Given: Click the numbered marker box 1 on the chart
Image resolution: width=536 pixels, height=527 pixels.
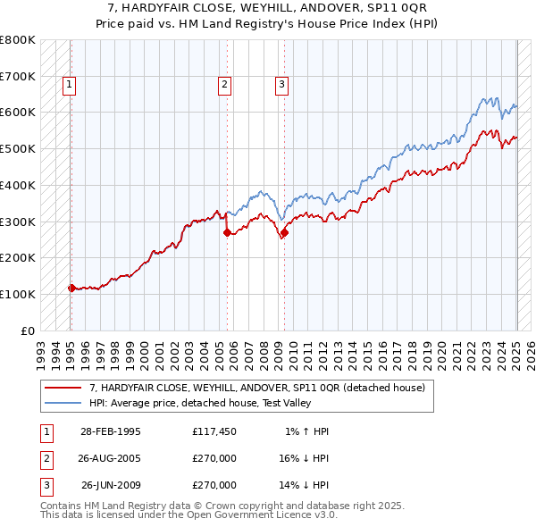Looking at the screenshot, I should tap(70, 85).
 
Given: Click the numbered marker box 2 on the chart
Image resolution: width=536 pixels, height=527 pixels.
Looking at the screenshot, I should tap(225, 85).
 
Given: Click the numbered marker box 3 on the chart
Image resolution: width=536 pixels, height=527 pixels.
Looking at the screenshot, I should tap(281, 85).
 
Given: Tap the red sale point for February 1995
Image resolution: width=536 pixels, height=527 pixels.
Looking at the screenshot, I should tap(71, 288).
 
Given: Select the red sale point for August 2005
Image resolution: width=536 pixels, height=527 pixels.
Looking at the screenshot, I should tap(227, 232).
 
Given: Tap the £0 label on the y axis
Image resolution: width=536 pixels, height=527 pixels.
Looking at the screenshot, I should tap(29, 330).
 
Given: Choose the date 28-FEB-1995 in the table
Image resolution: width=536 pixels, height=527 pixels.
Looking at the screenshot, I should tap(111, 431).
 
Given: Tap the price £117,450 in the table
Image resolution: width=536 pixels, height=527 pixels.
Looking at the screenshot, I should tap(214, 431).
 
